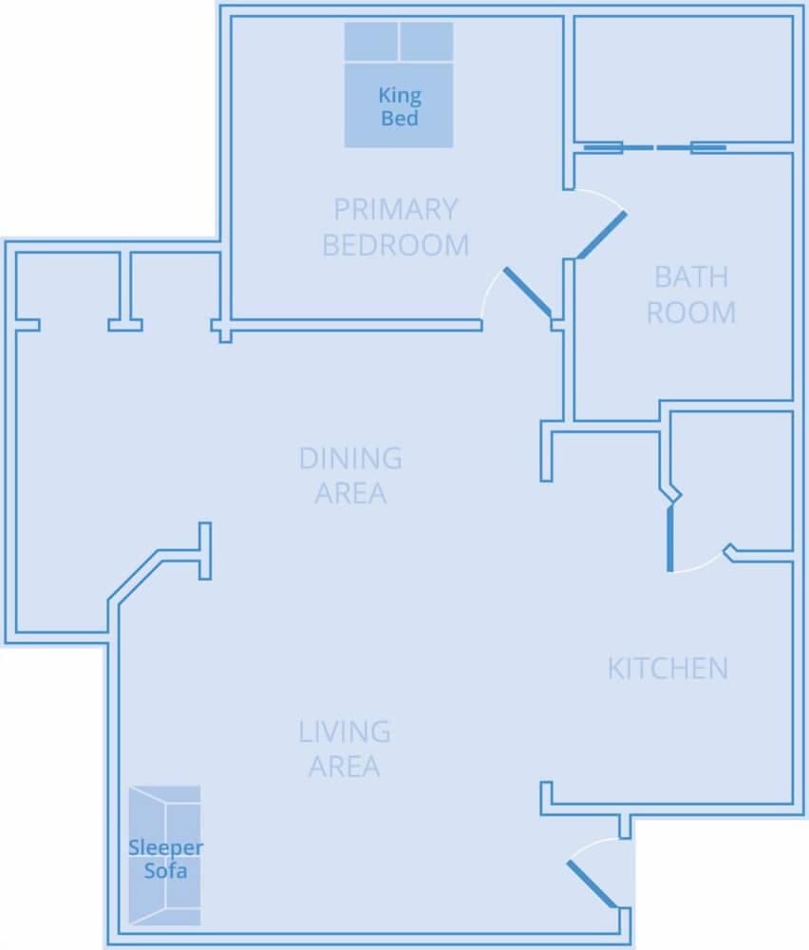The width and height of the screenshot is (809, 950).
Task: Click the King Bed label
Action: point(400,106)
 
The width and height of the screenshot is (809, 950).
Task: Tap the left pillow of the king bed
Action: point(370,43)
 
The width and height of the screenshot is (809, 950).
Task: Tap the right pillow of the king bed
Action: point(426,43)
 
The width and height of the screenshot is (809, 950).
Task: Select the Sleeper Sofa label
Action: point(165,859)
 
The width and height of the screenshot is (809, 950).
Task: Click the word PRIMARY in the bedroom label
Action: point(396,209)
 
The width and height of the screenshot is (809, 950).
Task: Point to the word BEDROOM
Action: point(396,245)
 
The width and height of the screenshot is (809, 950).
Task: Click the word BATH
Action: point(691,277)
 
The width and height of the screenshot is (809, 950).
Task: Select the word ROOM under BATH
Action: point(691,313)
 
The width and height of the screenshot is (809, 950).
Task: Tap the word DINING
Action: point(350,459)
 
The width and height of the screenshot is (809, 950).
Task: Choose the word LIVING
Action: point(345,732)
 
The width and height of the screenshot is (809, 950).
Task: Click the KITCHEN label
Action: point(668,669)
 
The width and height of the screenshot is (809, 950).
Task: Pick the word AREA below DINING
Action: point(350,494)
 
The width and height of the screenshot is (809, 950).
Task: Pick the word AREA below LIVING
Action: point(345,767)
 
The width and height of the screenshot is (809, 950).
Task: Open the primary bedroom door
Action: point(527,293)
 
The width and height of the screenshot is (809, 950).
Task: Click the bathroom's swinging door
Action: point(602,234)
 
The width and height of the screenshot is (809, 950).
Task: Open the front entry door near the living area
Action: point(593,884)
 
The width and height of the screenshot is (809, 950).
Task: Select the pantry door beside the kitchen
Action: point(670,538)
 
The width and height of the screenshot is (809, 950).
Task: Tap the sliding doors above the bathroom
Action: point(654,147)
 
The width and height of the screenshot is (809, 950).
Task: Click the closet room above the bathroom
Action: point(684,78)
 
